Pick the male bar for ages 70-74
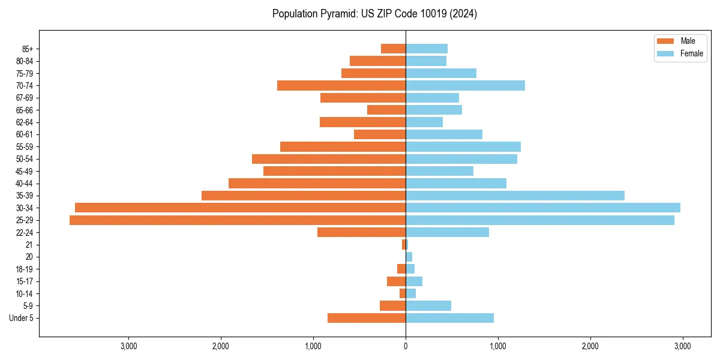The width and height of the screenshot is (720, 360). coord(341,86)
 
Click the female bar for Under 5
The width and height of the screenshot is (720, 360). coord(449,318)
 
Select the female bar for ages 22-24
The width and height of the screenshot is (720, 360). coord(447,232)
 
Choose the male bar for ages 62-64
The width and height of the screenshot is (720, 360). coord(362,122)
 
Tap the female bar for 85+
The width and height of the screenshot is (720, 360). coord(427,49)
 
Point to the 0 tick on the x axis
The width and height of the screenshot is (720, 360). coord(406,346)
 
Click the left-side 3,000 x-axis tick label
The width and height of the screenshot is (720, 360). coord(128,346)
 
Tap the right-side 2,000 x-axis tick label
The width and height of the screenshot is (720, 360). coord(590,346)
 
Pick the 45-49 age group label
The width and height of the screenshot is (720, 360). coord(25,171)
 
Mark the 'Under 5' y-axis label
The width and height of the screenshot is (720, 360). coord(22,318)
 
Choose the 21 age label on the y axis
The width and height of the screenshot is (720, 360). coord(29,245)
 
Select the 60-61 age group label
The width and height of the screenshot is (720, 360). coord(25,134)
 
